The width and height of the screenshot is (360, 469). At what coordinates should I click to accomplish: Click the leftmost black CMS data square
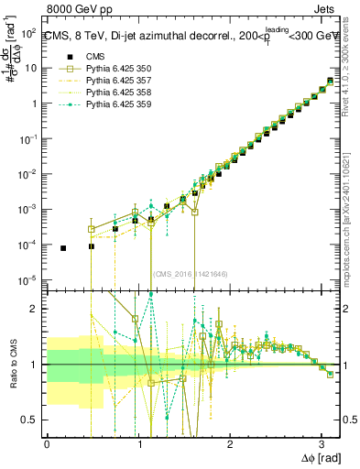coord(63,248)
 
